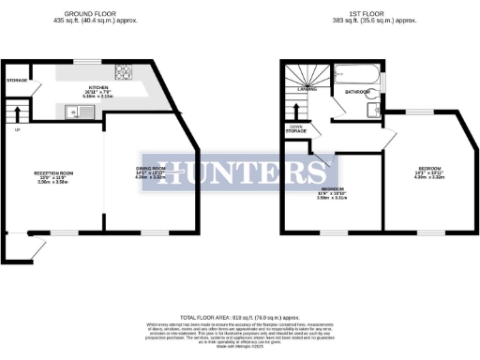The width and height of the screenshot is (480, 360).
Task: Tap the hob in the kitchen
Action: (121, 69)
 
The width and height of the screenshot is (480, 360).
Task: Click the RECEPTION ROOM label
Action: (53, 173)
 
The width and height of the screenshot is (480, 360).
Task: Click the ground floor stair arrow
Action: (14, 115)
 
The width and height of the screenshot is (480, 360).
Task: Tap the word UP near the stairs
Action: (16, 128)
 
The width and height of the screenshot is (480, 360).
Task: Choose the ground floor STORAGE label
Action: (15, 81)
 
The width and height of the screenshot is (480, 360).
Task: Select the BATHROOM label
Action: (357, 92)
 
